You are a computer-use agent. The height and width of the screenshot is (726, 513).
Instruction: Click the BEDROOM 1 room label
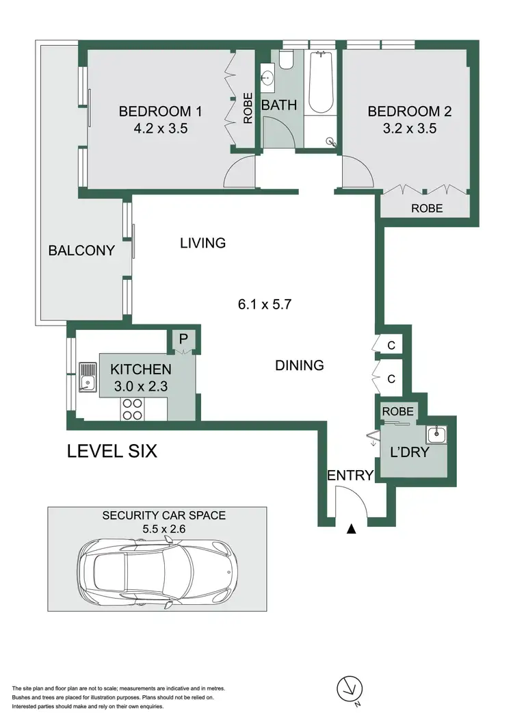tap(160, 111)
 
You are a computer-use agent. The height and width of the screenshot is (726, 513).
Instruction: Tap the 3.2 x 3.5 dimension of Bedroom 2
tap(402, 127)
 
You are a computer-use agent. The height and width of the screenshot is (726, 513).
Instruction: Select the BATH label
tap(279, 105)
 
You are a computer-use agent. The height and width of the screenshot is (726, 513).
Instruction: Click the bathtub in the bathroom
tap(319, 83)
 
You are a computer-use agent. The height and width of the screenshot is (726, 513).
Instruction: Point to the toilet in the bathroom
tap(286, 62)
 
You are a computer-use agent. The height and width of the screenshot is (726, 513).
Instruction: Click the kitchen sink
tap(87, 376)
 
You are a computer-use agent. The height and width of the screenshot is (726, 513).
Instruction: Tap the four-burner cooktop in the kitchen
tap(132, 409)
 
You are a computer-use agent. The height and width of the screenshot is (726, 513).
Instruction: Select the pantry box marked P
tap(183, 339)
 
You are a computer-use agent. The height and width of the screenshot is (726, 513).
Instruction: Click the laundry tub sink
tap(435, 433)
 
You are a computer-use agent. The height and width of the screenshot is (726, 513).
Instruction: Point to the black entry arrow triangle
tap(352, 528)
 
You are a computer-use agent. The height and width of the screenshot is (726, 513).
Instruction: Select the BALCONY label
tap(81, 250)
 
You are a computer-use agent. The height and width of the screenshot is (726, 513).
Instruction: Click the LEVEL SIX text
tap(111, 452)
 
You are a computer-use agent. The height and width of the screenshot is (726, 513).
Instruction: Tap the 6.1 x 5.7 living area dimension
tap(265, 305)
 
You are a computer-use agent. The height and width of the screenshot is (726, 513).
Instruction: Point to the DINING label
tap(299, 365)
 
